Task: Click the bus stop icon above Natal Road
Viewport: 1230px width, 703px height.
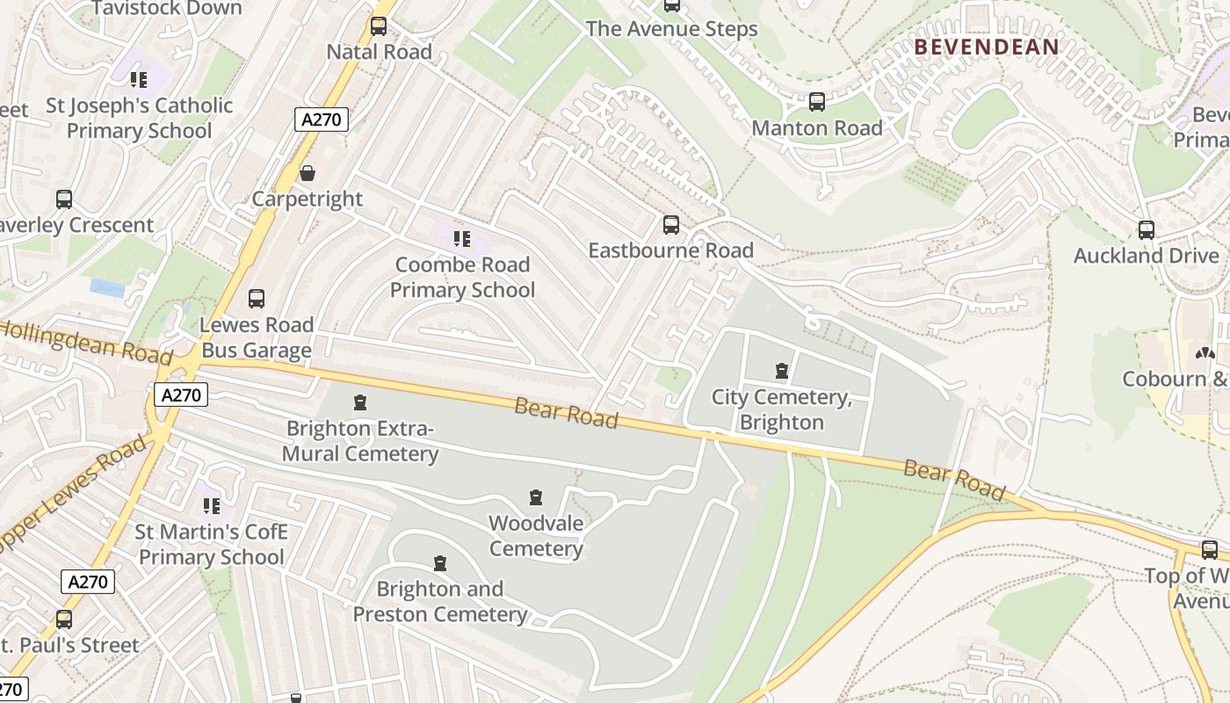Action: coord(379,26)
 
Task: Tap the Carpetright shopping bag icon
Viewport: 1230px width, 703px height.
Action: coord(307,173)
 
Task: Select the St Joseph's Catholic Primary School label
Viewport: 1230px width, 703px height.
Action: coord(140,118)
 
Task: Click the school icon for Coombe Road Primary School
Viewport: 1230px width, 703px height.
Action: coord(461,238)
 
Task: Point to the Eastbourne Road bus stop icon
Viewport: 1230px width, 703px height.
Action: coord(671,225)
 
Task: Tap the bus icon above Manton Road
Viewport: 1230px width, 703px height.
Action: coord(817,102)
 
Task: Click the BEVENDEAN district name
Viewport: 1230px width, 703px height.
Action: coord(987,47)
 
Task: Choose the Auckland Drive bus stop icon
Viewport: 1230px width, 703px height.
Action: coord(1147,230)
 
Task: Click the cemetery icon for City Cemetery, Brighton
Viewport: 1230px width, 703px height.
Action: coord(782,371)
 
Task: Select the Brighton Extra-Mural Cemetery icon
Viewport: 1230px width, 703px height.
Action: coord(359,402)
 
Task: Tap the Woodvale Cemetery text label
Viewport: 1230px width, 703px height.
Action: coord(536,536)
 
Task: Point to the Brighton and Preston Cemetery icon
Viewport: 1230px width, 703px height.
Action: coord(440,562)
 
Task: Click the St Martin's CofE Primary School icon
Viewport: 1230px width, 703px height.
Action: coord(212,505)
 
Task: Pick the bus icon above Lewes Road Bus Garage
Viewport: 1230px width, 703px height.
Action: coord(257,299)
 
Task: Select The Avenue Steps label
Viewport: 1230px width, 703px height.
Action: coord(671,29)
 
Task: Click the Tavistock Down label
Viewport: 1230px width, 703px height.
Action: coord(166,9)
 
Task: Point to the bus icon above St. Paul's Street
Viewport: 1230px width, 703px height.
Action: coord(64,620)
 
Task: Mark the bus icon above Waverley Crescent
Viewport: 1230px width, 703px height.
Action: coord(64,199)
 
